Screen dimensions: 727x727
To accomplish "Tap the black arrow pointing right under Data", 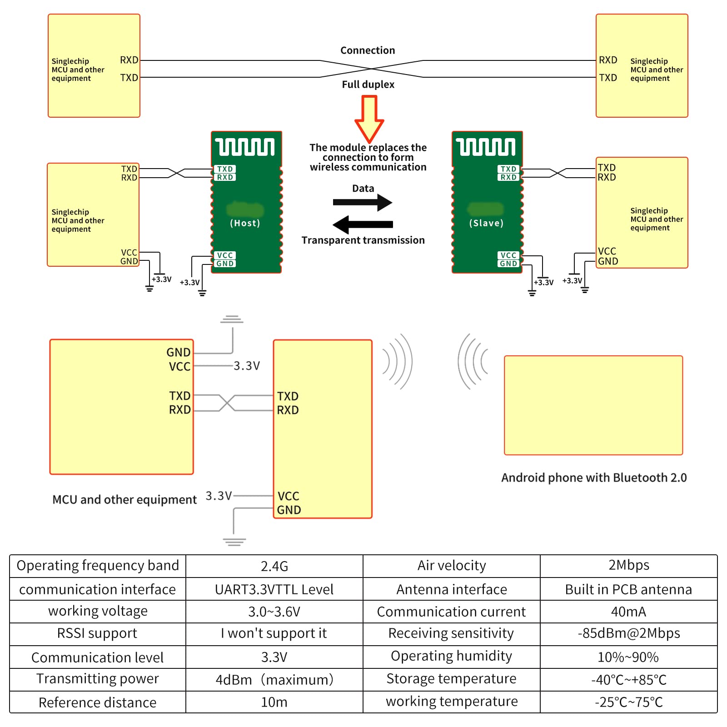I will pyautogui.click(x=363, y=202).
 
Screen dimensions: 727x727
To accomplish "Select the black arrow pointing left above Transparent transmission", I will pyautogui.click(x=363, y=224).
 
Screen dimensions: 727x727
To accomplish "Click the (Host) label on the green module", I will pyautogui.click(x=245, y=223).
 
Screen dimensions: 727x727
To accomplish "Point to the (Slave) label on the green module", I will pyautogui.click(x=486, y=223).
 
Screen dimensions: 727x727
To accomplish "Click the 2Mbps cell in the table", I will pyautogui.click(x=628, y=565).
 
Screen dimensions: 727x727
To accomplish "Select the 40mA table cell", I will pyautogui.click(x=628, y=612).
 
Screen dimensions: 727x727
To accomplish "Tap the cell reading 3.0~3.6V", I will pyautogui.click(x=274, y=612).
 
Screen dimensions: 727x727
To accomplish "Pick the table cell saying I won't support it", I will pyautogui.click(x=274, y=633).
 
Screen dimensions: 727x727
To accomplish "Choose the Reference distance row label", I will pyautogui.click(x=97, y=702).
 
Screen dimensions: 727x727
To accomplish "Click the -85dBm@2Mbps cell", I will pyautogui.click(x=628, y=633).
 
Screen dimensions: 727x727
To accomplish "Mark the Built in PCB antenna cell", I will pyautogui.click(x=628, y=589).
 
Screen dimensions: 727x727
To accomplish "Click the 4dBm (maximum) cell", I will pyautogui.click(x=274, y=680).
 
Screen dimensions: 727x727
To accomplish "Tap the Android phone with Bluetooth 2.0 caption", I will pyautogui.click(x=593, y=478).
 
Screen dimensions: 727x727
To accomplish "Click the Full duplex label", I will pyautogui.click(x=368, y=85).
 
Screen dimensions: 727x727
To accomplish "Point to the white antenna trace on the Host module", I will pyautogui.click(x=245, y=147).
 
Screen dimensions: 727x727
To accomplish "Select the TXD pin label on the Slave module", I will pyautogui.click(x=508, y=169).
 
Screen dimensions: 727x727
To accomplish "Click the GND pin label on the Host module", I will pyautogui.click(x=225, y=264).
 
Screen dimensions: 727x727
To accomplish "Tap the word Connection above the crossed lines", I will pyautogui.click(x=368, y=50).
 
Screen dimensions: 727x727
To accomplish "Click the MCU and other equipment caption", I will pyautogui.click(x=124, y=500).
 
